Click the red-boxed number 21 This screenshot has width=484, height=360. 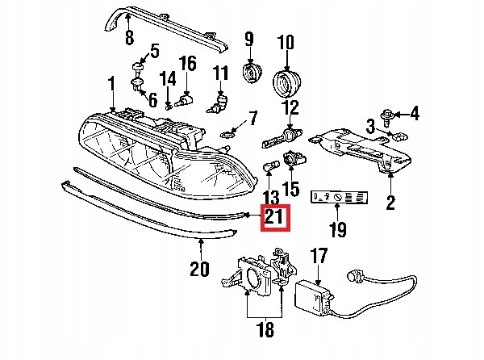point(273,217)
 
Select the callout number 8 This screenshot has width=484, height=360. point(128,37)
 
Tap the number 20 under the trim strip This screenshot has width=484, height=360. point(199,267)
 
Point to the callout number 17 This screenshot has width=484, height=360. point(319,256)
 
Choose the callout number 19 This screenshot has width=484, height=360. point(337,230)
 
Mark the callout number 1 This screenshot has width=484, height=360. point(112,83)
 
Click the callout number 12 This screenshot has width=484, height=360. point(290,108)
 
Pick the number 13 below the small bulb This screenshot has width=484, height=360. point(271,198)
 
